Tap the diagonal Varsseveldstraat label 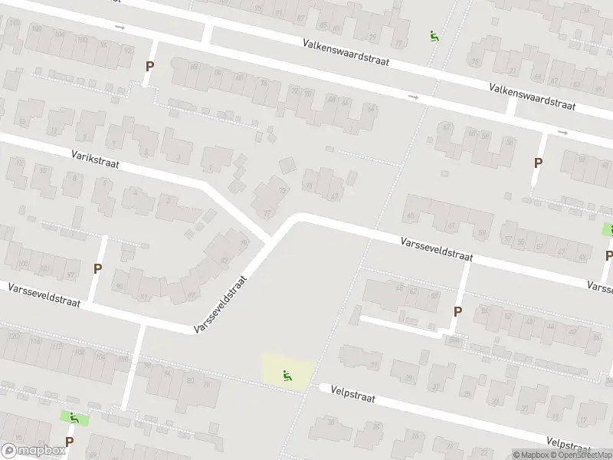tap(223, 304)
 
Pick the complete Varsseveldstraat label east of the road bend tap(437, 250)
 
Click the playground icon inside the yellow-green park tap(288, 375)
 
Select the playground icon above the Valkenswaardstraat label tap(434, 35)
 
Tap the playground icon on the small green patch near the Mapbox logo tap(74, 418)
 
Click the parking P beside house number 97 tap(97, 268)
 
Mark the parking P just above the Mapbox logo tap(69, 442)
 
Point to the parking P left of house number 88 tap(149, 66)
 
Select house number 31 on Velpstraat tap(375, 364)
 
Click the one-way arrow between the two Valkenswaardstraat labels tap(415, 97)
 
